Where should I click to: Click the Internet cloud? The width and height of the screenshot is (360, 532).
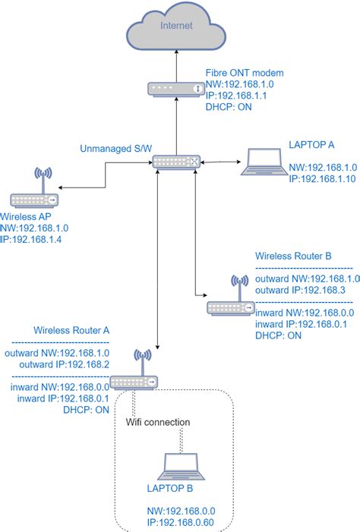tap(176, 27)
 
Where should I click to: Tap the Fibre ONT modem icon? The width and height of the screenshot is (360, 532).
tap(176, 89)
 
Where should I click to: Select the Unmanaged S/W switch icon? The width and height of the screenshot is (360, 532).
tap(176, 162)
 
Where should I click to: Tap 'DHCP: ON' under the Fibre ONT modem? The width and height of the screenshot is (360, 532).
tap(229, 107)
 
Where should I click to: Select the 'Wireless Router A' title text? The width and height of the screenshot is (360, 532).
tap(71, 331)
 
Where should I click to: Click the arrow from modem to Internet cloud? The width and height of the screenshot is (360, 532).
tap(176, 64)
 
